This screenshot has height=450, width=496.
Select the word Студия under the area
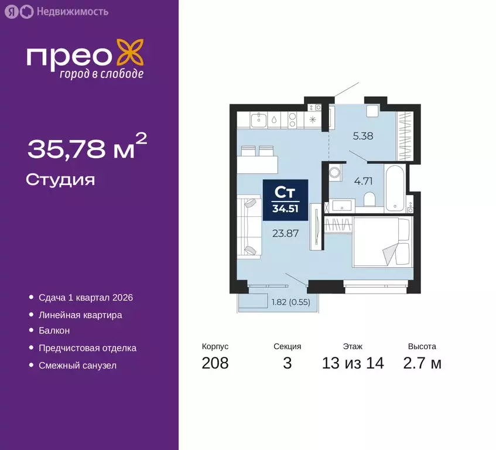[x=60, y=179]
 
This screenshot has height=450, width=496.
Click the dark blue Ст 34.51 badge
[x=285, y=200]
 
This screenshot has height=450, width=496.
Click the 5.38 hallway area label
[x=363, y=136]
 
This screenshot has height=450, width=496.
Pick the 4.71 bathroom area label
[x=363, y=180]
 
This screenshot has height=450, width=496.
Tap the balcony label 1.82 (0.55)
[x=290, y=302]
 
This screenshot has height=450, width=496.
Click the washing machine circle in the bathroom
[x=335, y=173]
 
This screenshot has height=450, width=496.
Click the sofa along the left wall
[x=249, y=227]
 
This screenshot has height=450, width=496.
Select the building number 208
[x=215, y=363]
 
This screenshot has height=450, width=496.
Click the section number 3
[x=287, y=363]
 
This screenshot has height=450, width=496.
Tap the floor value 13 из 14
[x=353, y=363]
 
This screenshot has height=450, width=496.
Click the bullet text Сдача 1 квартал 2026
[x=85, y=298]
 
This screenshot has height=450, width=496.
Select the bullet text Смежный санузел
[x=77, y=365]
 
